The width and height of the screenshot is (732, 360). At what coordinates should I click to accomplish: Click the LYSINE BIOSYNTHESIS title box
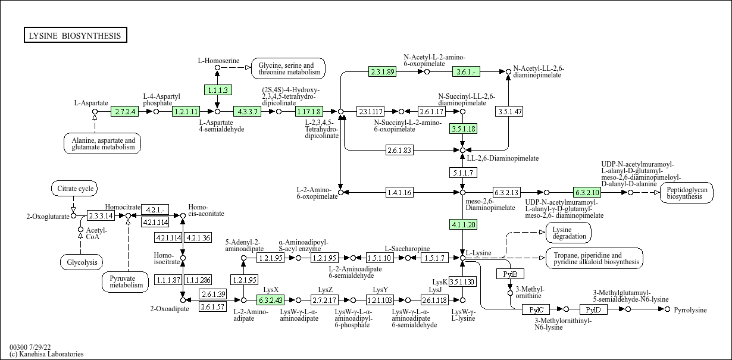76,35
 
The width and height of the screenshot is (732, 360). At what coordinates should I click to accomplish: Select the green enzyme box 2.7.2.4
125,111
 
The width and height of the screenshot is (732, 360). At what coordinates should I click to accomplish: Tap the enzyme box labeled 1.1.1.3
218,90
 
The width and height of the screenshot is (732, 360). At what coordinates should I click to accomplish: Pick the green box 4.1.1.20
463,224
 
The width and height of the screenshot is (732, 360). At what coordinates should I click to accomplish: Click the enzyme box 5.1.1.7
463,173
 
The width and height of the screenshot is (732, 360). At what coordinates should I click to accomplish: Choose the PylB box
510,274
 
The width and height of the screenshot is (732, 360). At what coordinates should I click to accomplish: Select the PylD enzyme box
593,309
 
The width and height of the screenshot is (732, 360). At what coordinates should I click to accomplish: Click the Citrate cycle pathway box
74,189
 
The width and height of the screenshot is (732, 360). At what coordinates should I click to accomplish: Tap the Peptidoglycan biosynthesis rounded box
687,193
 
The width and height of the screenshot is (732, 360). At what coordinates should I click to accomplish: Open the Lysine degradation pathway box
568,233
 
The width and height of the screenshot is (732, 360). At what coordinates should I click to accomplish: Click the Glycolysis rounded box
82,262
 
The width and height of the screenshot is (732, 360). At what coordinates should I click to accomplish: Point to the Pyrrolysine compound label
690,309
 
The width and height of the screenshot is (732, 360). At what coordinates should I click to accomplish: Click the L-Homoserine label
218,61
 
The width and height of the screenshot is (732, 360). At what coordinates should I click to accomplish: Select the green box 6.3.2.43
271,300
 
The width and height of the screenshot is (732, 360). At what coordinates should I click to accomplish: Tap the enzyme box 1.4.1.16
399,192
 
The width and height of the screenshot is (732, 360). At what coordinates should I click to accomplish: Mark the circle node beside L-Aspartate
95,112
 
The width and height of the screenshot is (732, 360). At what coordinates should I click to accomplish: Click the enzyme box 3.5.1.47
509,111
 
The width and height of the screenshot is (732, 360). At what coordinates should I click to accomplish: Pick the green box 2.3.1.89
382,71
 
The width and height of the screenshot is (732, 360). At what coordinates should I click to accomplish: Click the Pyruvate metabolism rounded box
125,281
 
